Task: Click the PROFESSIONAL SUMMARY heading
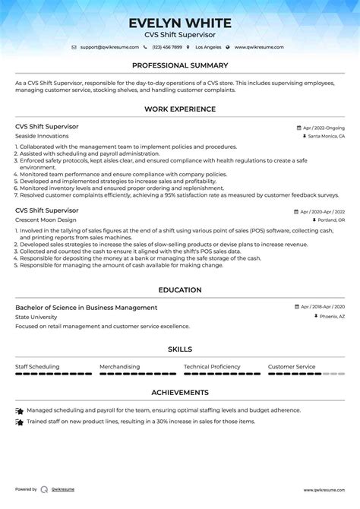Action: tap(180, 65)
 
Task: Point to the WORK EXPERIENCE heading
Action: tap(180, 109)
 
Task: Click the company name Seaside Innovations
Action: tap(42, 135)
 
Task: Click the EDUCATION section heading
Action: tap(180, 289)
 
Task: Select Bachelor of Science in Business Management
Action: tap(86, 308)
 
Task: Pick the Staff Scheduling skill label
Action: tap(37, 366)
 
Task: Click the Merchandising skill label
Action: tap(119, 366)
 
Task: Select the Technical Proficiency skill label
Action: tap(212, 366)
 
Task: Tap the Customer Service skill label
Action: tap(292, 366)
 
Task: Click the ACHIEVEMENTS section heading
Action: tap(180, 393)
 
